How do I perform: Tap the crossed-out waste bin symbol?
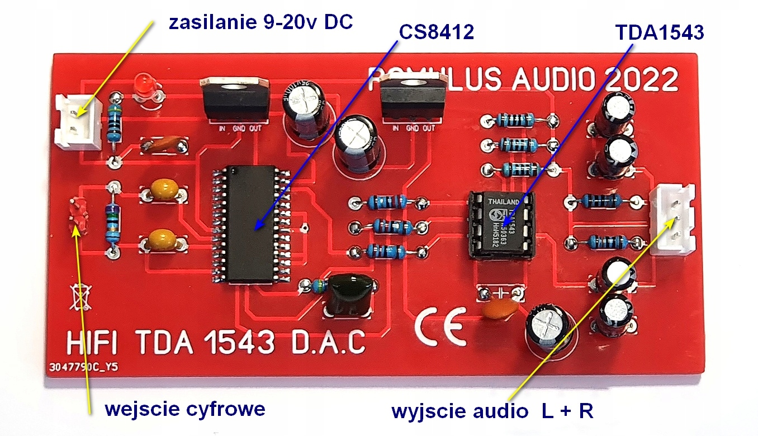coord(79,297)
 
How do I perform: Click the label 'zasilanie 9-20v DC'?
coord(262,23)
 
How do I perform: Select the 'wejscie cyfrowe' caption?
coord(184,409)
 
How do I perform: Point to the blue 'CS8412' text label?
coord(437,32)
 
